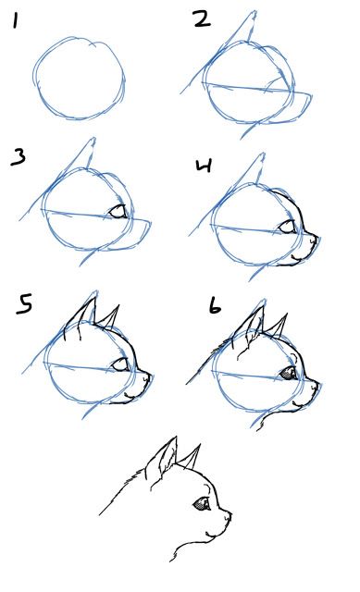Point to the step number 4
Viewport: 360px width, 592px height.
pyautogui.click(x=205, y=166)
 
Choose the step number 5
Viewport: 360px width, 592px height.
pyautogui.click(x=24, y=303)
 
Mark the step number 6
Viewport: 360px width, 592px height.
pyautogui.click(x=215, y=305)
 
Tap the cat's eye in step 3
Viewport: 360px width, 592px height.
pyautogui.click(x=118, y=212)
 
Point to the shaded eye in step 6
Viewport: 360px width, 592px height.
pyautogui.click(x=288, y=373)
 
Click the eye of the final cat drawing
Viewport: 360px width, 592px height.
pyautogui.click(x=201, y=505)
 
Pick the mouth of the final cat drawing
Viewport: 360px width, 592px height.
pyautogui.click(x=215, y=532)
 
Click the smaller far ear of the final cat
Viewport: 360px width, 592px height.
pyautogui.click(x=192, y=457)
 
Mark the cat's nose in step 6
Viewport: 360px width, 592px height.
pyautogui.click(x=318, y=381)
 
